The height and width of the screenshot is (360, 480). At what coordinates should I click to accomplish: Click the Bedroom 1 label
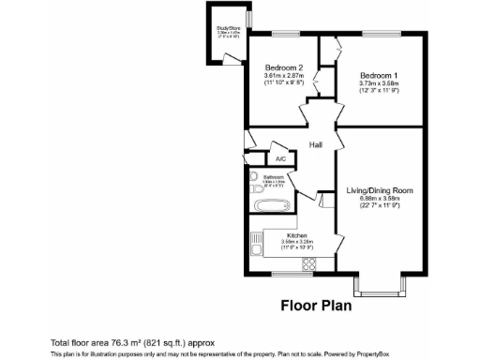[378, 74]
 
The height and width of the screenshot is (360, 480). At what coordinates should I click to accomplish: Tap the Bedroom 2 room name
[283, 67]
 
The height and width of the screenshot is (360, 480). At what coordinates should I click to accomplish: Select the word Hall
[316, 144]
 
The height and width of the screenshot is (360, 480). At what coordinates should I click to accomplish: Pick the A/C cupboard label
[280, 158]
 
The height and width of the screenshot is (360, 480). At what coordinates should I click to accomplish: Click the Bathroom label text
[274, 176]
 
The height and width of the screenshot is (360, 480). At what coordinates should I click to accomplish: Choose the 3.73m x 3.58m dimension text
[378, 82]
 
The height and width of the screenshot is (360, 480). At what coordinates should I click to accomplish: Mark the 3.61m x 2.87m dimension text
[283, 76]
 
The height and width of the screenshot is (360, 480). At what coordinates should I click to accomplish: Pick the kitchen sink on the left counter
[256, 247]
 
